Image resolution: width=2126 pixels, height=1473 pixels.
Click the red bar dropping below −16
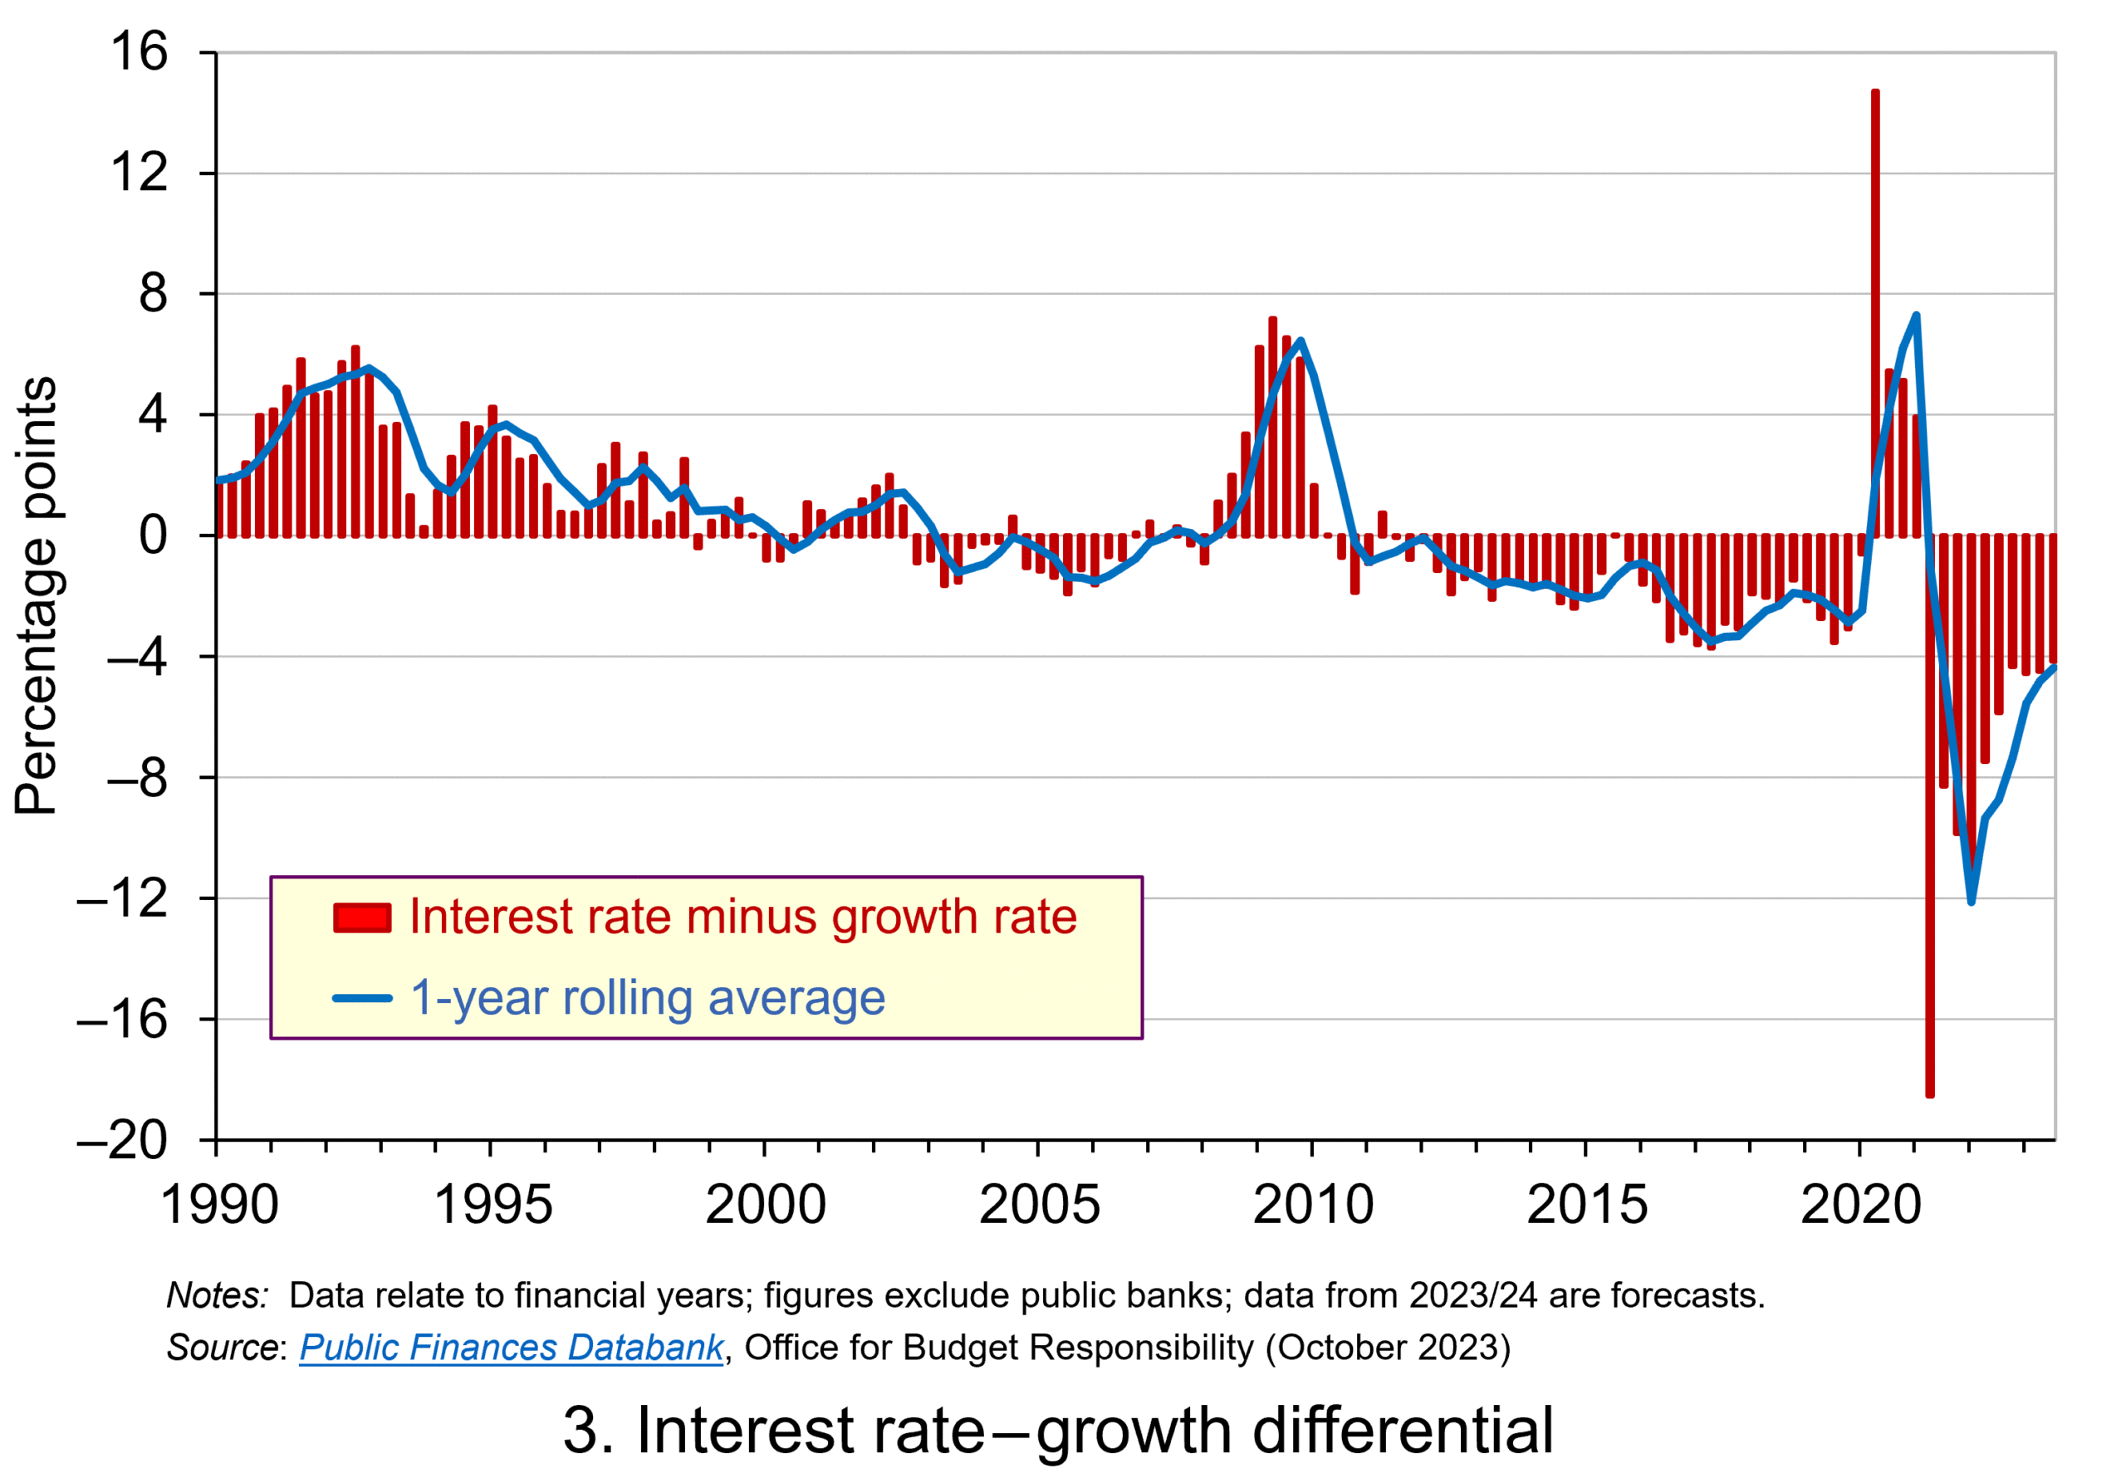click(1929, 830)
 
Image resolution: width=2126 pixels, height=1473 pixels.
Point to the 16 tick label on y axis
click(140, 51)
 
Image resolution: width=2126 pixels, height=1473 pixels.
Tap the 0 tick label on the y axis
click(154, 536)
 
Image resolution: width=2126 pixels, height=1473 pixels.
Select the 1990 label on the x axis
click(218, 1206)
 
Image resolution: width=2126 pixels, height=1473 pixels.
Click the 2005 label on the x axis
click(1040, 1206)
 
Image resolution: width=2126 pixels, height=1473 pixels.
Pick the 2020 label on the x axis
click(1860, 1206)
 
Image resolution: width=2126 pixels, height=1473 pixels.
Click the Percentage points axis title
click(37, 595)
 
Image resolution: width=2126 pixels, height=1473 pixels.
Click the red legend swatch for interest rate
click(362, 918)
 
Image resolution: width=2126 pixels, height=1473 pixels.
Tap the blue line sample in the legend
click(362, 998)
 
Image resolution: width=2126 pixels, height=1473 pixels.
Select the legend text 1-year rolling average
click(647, 998)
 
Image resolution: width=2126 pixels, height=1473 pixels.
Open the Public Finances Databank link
click(511, 1348)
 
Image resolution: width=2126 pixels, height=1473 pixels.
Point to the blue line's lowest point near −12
click(1971, 901)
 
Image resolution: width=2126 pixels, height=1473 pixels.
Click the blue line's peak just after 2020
click(1917, 316)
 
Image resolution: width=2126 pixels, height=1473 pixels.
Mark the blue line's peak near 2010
click(1301, 340)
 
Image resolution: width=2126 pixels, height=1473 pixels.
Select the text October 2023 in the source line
click(1388, 1348)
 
